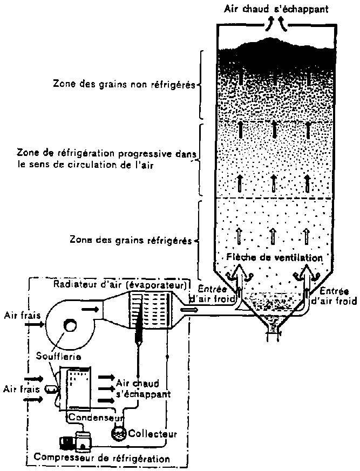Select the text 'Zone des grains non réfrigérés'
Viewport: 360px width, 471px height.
124,84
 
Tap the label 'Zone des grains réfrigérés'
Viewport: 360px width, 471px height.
131,240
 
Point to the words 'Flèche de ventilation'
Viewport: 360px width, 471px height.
275,258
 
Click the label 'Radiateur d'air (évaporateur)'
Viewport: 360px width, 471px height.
120,285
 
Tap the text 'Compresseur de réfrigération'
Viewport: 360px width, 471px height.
101,458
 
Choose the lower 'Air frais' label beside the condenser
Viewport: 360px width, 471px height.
16,388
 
